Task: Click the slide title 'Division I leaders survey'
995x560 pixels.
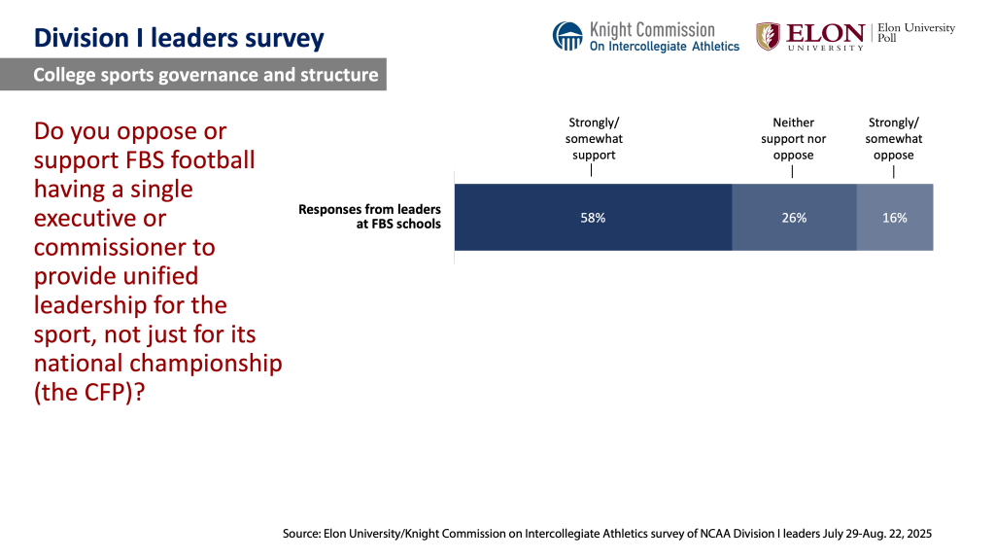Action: click(179, 39)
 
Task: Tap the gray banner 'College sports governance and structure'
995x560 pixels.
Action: click(205, 75)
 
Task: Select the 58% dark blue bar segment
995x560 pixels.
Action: click(593, 218)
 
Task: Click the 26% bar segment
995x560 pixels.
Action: click(794, 218)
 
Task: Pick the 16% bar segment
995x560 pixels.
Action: click(895, 218)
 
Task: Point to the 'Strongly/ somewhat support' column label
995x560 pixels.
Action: click(593, 138)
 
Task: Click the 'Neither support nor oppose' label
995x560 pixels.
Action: click(793, 138)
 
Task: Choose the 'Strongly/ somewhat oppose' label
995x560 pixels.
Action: click(894, 138)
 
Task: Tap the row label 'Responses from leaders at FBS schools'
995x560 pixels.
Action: click(369, 217)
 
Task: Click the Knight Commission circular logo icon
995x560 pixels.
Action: click(567, 36)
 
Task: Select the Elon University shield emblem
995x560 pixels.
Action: click(768, 36)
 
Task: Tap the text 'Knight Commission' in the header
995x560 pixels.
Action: click(651, 29)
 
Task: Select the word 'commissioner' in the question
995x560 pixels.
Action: click(124, 247)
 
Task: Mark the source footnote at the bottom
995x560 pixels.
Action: click(607, 534)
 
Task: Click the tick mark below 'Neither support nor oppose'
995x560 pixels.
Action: click(793, 172)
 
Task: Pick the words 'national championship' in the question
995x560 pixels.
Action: click(157, 364)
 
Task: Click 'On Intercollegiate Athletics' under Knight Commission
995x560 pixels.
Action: click(665, 46)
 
